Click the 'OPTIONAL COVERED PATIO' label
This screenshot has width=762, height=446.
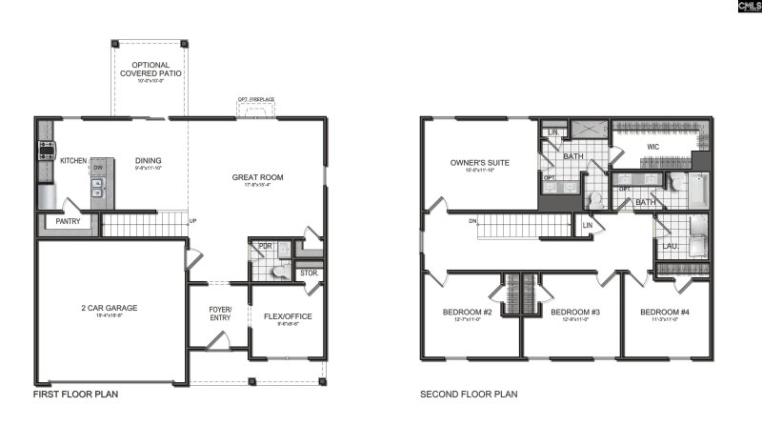coord(150,69)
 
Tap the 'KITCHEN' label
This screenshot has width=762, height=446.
coord(74,161)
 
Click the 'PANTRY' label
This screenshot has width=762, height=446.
coord(67,222)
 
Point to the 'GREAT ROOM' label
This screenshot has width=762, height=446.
coord(257,177)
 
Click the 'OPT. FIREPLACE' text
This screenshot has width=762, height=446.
coord(256,99)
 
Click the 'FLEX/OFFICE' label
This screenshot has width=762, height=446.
coord(287,316)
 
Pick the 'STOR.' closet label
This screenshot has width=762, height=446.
coord(308,274)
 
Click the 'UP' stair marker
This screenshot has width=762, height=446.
coord(193,221)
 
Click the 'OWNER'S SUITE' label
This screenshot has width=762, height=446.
coord(479,163)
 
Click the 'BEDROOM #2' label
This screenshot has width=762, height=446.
coord(467,313)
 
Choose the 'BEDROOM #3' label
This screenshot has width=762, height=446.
coord(574,313)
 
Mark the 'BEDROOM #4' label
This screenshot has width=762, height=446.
coord(664,313)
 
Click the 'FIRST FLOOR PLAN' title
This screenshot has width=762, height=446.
coord(76,394)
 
